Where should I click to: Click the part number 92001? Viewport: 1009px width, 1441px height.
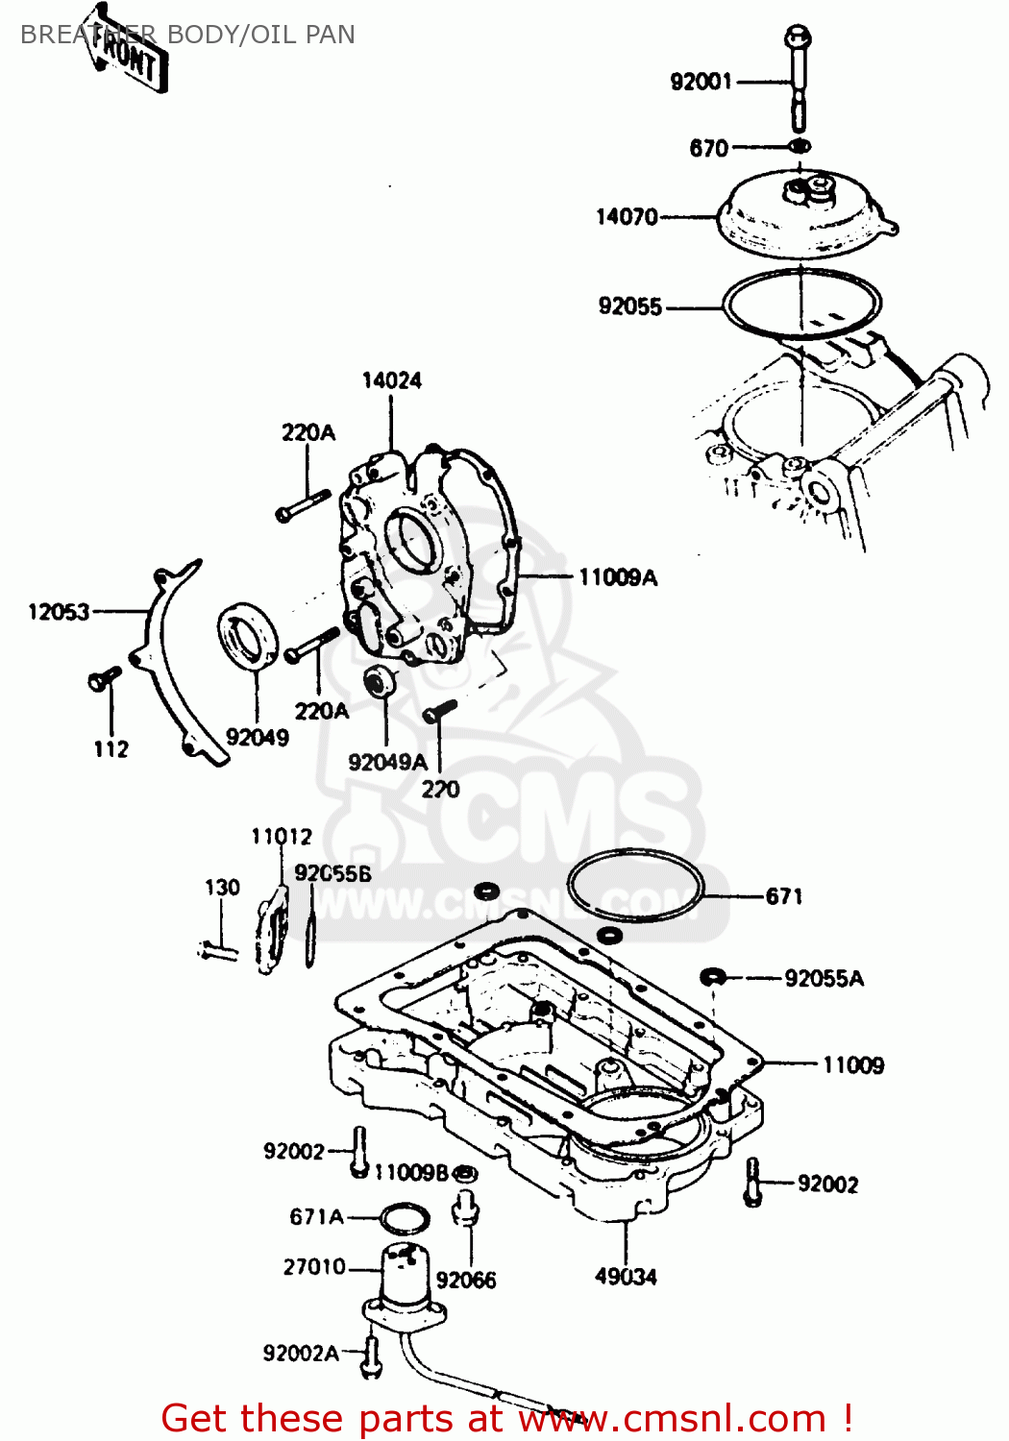tap(701, 82)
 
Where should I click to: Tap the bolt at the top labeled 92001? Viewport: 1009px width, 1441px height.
tap(797, 77)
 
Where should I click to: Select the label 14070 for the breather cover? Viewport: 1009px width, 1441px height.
tap(627, 216)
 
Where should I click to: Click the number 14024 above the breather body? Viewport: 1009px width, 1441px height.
tap(391, 380)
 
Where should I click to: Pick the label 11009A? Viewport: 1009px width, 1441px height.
tap(618, 577)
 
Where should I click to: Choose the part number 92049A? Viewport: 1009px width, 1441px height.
tap(387, 762)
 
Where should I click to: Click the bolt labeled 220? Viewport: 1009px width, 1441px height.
tap(439, 712)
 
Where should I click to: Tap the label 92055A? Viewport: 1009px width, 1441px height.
tap(824, 979)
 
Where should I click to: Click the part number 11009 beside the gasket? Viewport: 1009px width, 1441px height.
tap(852, 1064)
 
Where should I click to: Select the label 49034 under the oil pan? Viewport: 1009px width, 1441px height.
tap(626, 1277)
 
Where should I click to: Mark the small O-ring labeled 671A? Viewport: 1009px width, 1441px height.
tap(405, 1219)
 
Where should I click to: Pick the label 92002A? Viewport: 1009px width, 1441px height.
tap(300, 1354)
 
